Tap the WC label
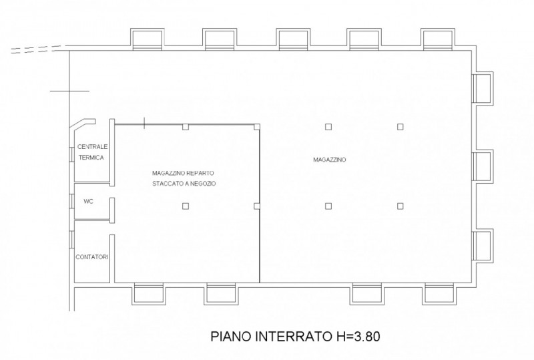coord(87,200)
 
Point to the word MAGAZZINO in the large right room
coord(329,160)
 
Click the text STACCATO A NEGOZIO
coord(183,183)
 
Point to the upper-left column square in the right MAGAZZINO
coord(328,127)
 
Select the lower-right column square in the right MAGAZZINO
coord(400,206)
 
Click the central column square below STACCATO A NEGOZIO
coord(185,206)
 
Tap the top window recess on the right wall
coord(482,87)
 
